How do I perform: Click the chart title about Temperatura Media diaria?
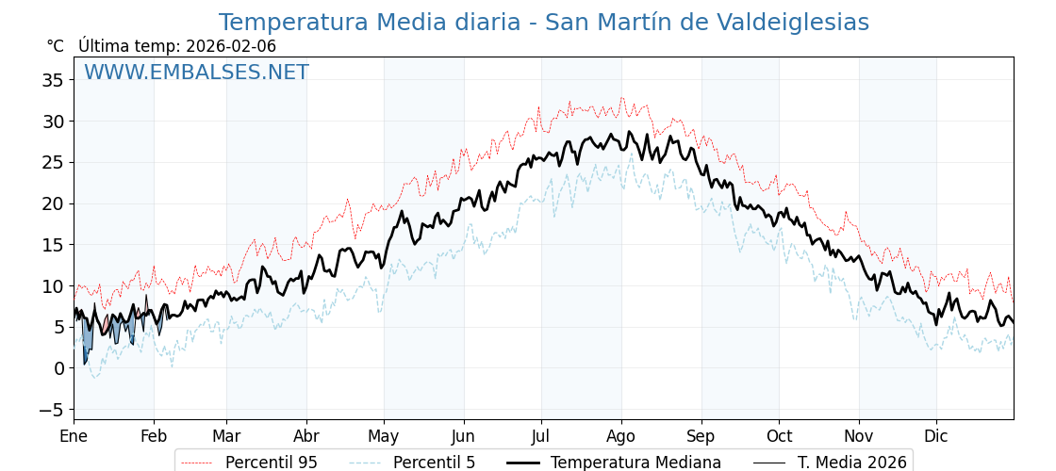[543, 23]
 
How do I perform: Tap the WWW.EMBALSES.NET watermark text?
[196, 73]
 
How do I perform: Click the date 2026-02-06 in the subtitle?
[231, 46]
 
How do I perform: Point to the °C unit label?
[55, 46]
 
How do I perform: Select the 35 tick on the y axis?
[53, 80]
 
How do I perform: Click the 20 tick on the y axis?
[53, 203]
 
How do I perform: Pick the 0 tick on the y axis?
[58, 368]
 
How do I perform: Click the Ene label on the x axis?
[74, 436]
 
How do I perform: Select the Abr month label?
[305, 436]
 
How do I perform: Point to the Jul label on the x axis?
[541, 436]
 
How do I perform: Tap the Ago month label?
[621, 436]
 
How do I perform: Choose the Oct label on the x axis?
[779, 436]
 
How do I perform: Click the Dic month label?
[936, 436]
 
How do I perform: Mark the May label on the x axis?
[384, 436]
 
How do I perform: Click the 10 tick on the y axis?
[53, 286]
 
